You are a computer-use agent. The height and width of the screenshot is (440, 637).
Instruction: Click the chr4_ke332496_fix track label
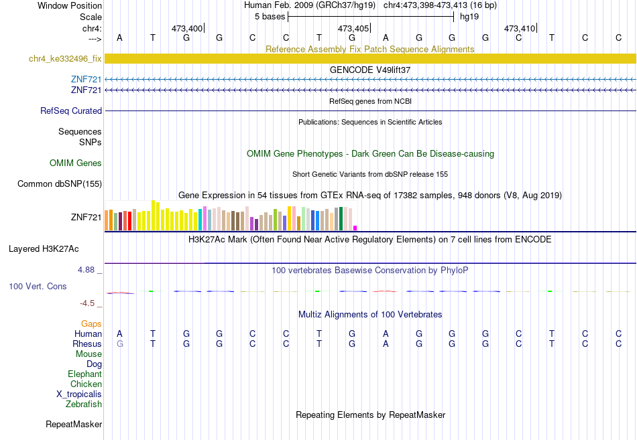pos(65,58)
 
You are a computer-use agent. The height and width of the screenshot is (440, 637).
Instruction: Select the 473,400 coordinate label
pos(187,28)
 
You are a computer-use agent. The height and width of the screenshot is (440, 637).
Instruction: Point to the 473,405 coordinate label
pos(353,28)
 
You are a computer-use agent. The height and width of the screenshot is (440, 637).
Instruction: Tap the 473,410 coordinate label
pos(520,28)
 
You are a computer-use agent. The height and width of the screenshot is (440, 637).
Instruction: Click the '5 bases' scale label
pos(270,17)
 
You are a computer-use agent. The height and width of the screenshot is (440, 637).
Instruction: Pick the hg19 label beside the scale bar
pos(469,17)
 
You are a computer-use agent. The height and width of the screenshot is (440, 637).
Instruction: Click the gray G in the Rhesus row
pos(119,344)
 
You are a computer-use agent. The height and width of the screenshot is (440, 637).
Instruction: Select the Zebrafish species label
pos(84,404)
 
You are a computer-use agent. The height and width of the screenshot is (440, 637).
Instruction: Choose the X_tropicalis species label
pos(79,394)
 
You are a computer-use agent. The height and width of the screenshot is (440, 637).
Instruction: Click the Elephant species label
pos(84,374)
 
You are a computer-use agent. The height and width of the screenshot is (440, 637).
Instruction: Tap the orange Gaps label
pos(91,323)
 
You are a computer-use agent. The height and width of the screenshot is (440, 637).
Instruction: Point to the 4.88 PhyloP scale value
pos(86,269)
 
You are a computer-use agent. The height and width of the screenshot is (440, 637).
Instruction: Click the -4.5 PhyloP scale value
pos(87,303)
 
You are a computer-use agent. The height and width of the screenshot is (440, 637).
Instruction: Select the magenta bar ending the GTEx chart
pos(355,228)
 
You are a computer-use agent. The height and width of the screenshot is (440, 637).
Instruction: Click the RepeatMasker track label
pos(74,424)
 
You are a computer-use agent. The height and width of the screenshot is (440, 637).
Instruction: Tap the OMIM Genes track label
pos(76,163)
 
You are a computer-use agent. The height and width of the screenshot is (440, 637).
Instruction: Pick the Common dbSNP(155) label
pos(60,184)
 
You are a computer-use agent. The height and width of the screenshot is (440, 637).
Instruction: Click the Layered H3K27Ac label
pos(44,249)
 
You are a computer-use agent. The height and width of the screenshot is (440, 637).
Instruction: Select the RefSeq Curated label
pos(71,111)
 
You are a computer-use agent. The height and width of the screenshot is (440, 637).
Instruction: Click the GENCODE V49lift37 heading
pos(370,70)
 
